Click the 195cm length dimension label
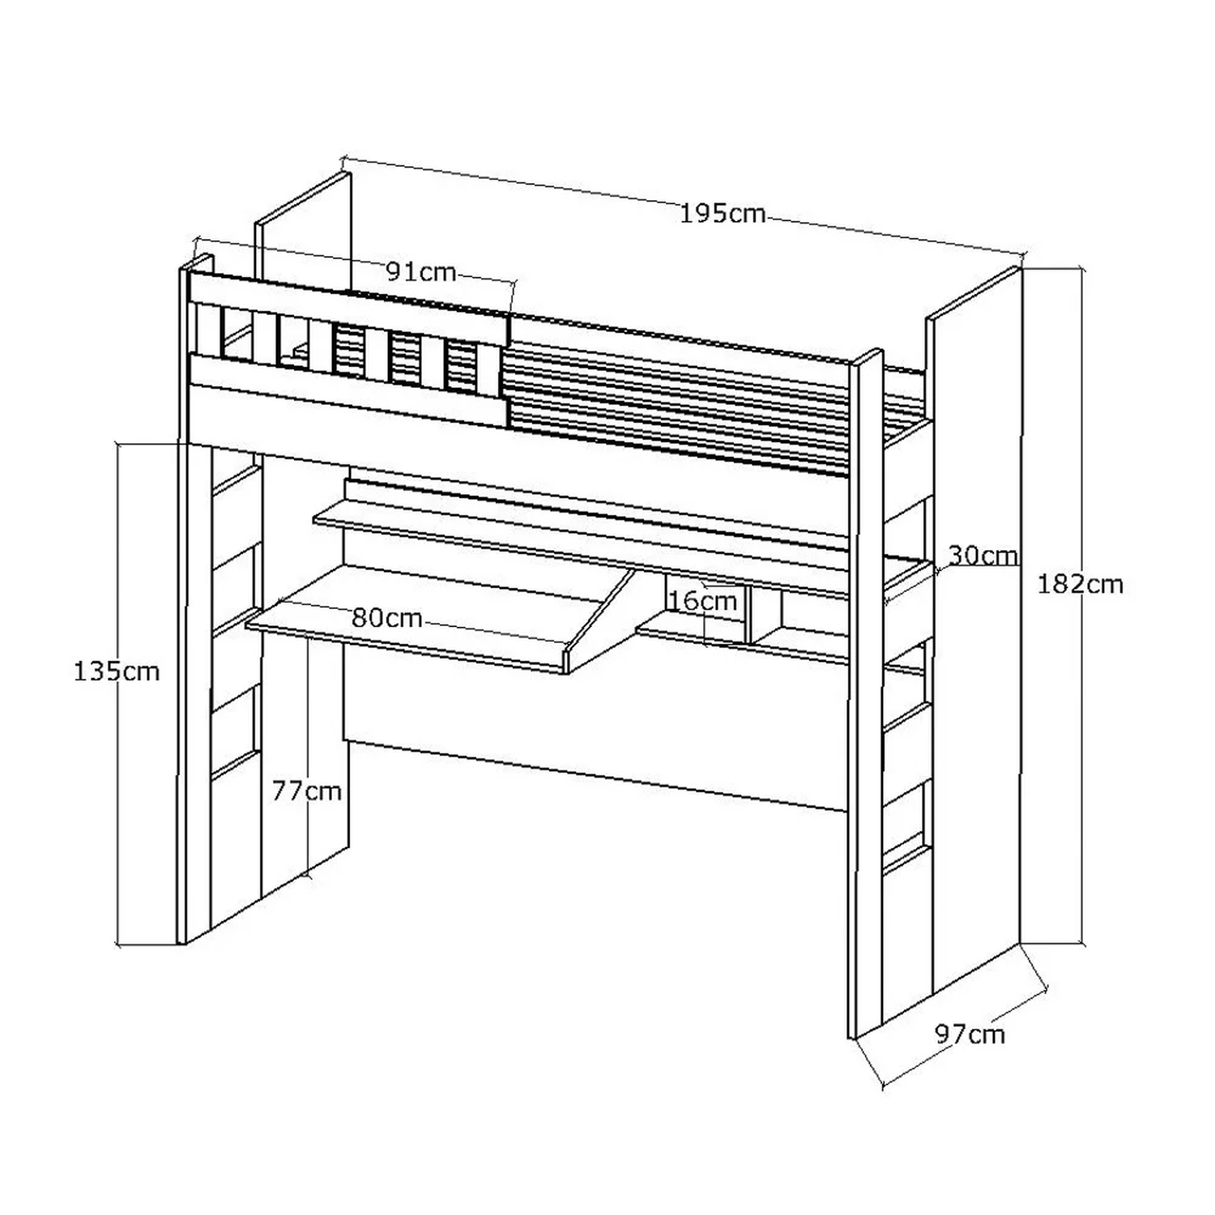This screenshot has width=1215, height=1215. pyautogui.click(x=723, y=214)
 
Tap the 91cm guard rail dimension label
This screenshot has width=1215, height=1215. pyautogui.click(x=421, y=272)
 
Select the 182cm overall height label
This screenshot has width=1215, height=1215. pyautogui.click(x=1081, y=584)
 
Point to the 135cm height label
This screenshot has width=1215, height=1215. pyautogui.click(x=117, y=671)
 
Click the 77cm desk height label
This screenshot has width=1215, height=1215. pyautogui.click(x=306, y=791)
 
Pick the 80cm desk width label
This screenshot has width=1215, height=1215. pyautogui.click(x=387, y=619)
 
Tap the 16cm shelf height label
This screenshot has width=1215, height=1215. pyautogui.click(x=702, y=601)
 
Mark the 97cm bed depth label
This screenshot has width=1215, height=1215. pyautogui.click(x=970, y=1034)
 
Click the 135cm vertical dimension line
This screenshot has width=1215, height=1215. pyautogui.click(x=119, y=694)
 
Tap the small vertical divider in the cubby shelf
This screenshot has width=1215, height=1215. pyautogui.click(x=748, y=616)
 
